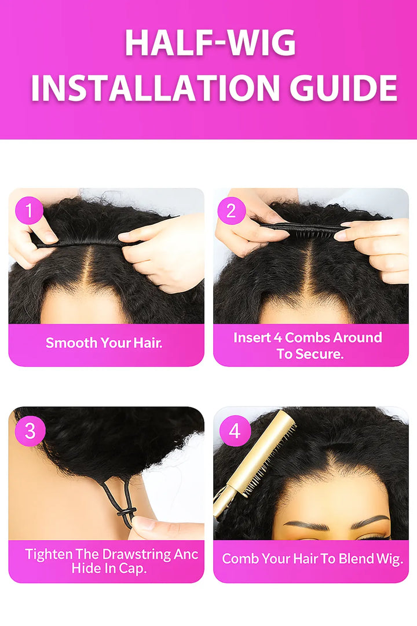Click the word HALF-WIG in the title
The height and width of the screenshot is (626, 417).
(210, 43)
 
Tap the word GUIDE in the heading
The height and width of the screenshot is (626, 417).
(343, 88)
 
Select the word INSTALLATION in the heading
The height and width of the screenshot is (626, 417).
(155, 88)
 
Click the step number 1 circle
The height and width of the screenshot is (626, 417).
(29, 210)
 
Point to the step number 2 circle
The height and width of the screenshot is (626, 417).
(231, 210)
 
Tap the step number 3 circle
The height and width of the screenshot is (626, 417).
(30, 431)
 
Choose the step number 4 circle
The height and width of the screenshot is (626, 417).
(235, 431)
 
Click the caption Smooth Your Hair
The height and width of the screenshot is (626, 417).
(104, 343)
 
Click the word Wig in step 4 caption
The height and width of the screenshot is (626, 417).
(389, 559)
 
